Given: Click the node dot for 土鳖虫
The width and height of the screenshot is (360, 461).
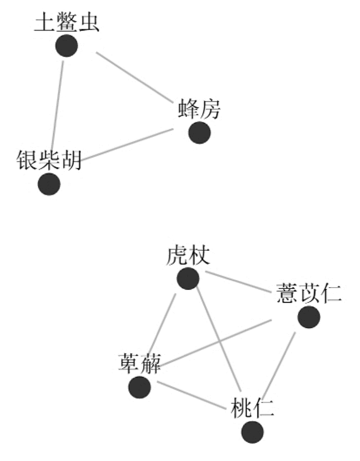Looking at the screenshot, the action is (66, 46).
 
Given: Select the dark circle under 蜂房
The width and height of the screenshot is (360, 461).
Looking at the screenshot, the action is (200, 133).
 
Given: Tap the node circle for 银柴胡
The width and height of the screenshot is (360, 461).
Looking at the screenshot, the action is (49, 184).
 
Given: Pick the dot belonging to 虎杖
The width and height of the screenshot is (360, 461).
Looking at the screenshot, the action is (188, 278).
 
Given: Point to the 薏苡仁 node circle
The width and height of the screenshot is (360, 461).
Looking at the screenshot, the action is (309, 317).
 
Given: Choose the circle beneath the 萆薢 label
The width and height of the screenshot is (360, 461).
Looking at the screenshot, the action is (139, 387).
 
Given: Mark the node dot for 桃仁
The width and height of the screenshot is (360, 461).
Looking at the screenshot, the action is (253, 432).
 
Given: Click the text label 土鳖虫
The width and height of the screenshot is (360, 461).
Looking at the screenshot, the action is (67, 22).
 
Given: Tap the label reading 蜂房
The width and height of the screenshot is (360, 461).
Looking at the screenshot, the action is (200, 109).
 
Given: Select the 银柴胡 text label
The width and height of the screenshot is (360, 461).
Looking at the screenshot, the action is (49, 160).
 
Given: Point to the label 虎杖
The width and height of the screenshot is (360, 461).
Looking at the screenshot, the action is (188, 255).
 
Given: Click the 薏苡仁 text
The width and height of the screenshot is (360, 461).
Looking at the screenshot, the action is (309, 293).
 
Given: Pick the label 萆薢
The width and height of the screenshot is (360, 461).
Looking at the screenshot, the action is (139, 363).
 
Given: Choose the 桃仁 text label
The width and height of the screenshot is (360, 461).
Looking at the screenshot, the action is (253, 408).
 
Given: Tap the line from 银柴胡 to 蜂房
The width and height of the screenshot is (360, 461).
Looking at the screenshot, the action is (127, 145).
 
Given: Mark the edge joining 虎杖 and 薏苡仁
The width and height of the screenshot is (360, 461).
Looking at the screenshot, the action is (238, 281).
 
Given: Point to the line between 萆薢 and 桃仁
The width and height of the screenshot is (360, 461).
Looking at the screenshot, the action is (192, 395).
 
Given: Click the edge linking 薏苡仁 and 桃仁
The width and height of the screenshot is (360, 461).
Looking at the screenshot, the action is (279, 365).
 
